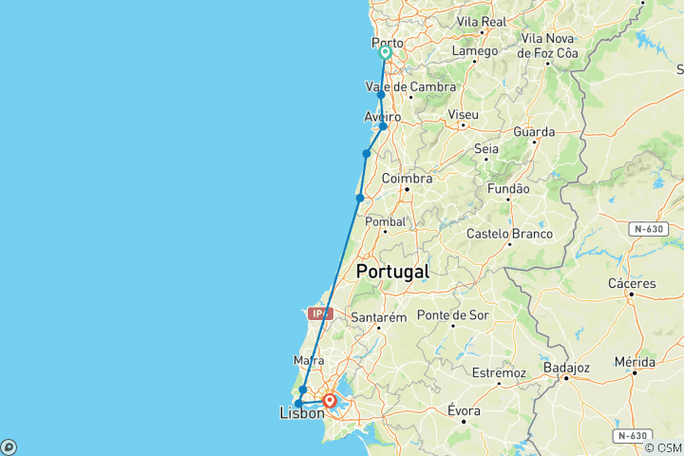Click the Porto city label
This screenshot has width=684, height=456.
387,42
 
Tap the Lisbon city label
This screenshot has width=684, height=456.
301,413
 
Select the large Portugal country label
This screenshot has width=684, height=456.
392,272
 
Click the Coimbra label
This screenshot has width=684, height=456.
407,179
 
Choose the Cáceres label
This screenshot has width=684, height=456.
631,283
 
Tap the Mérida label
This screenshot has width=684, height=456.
634,363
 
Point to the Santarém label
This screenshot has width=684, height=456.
379,316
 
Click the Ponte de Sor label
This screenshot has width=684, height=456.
452,315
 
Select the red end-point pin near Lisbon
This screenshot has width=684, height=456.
329,400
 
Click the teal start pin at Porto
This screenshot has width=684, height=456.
386,53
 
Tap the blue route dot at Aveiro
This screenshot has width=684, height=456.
383,126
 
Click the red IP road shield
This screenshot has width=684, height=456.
319,313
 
